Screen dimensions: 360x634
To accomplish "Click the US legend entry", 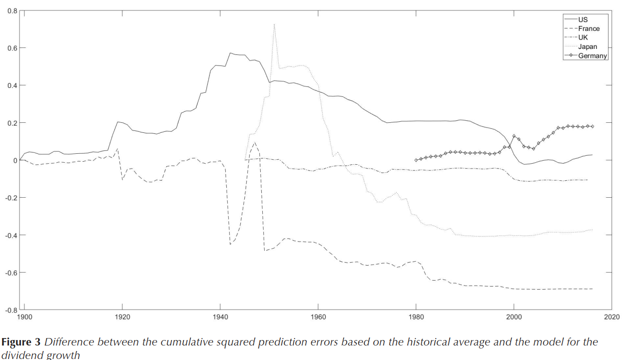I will [583, 20].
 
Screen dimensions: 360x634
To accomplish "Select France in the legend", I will [589, 29].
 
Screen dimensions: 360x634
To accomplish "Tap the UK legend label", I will [584, 37].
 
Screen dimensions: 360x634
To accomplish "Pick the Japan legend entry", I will [588, 47].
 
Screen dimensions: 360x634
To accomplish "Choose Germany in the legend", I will [593, 56].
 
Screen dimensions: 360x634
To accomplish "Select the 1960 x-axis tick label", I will [318, 317].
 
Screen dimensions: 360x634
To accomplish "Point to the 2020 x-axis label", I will [612, 317].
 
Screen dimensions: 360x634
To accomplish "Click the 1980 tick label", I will [416, 317].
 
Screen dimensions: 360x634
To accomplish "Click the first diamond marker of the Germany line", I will [416, 160].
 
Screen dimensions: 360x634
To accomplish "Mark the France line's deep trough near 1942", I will [230, 244].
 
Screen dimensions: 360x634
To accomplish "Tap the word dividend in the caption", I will [21, 355].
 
